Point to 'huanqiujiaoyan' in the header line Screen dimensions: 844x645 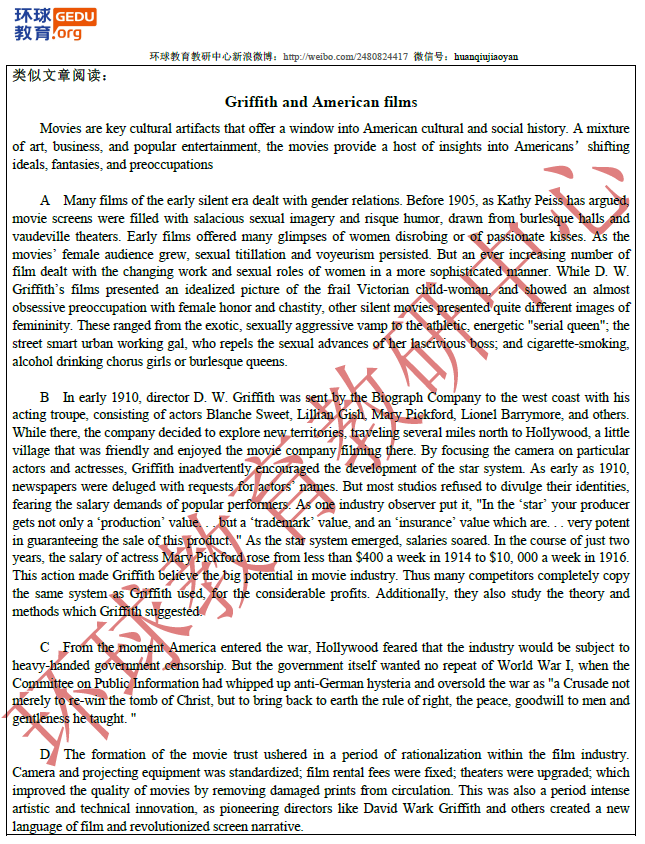coord(486,57)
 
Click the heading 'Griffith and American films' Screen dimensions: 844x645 coord(321,102)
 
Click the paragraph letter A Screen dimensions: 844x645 coord(45,201)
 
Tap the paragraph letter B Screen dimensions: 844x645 coord(45,398)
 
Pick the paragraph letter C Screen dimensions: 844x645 coord(45,648)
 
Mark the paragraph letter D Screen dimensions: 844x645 coord(45,754)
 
